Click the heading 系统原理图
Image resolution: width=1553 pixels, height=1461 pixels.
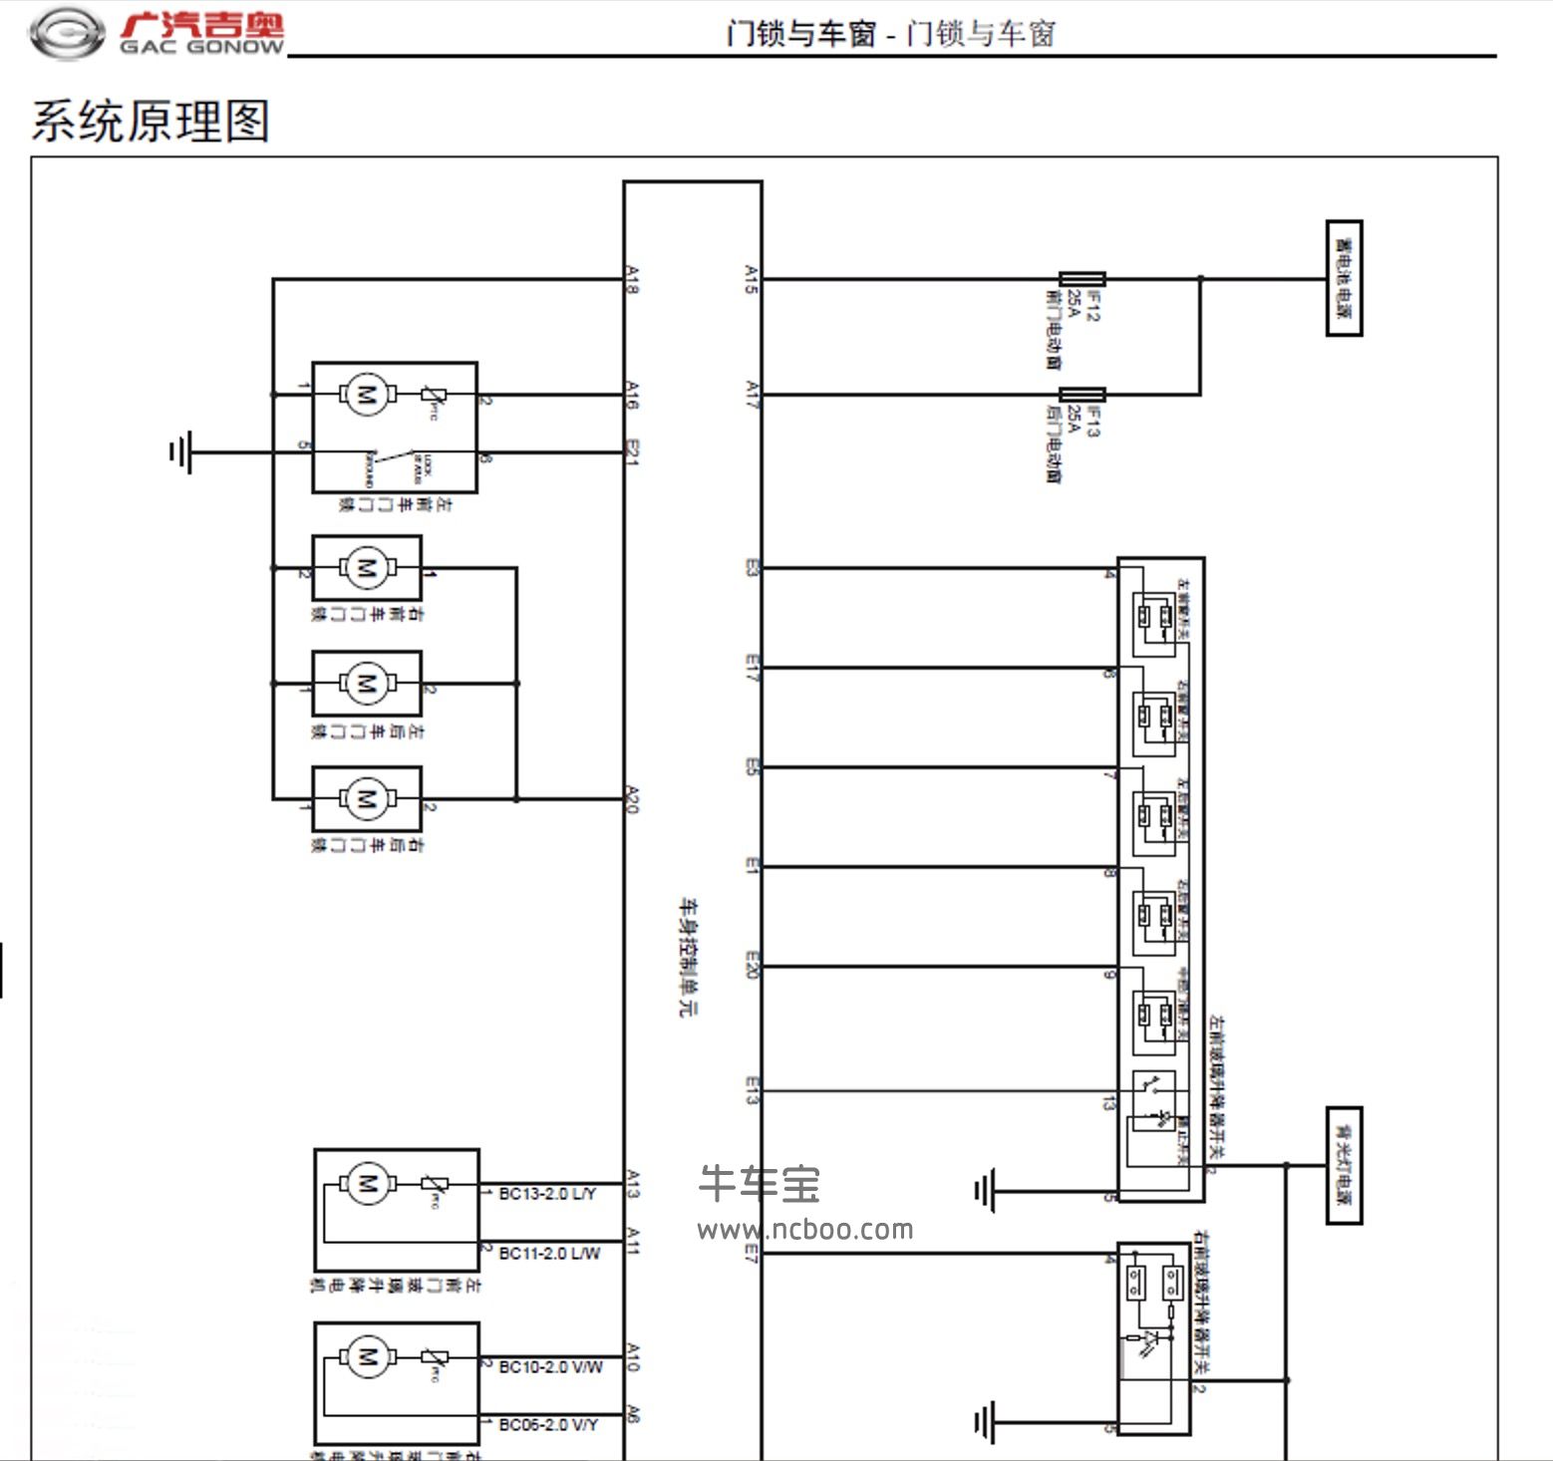(x=151, y=121)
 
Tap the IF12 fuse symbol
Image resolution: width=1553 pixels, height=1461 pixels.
(x=1082, y=279)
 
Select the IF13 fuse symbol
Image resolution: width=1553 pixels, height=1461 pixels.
(x=1082, y=395)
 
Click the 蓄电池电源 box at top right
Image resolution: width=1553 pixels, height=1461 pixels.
(x=1344, y=278)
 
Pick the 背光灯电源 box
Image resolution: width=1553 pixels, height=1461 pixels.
(x=1344, y=1165)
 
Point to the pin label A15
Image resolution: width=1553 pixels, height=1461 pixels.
(x=752, y=279)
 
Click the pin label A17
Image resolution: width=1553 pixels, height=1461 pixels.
(x=752, y=395)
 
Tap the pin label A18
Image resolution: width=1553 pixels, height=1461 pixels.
(x=632, y=279)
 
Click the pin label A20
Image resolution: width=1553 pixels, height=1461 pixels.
(x=632, y=799)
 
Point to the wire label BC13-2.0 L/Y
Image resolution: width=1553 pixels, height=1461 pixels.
(x=547, y=1193)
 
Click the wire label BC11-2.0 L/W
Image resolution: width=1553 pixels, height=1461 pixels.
(x=549, y=1253)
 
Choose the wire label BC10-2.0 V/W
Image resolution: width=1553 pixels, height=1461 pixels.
(x=550, y=1366)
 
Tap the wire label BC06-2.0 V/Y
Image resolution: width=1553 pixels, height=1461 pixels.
(x=548, y=1425)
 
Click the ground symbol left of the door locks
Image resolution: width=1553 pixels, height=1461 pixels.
(x=180, y=452)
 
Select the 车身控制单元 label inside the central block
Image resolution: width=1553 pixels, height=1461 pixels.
(x=689, y=957)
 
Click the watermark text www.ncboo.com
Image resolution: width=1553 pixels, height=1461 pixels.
(x=805, y=1230)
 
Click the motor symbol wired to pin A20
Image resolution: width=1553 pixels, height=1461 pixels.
(x=366, y=798)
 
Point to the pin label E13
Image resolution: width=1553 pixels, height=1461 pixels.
(x=752, y=1090)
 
